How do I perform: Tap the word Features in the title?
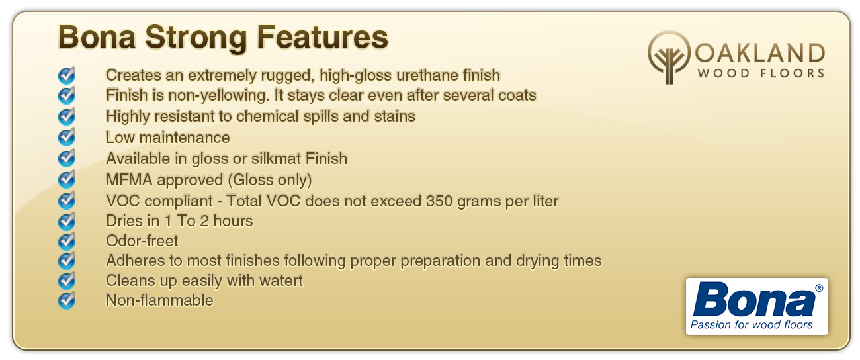pyautogui.click(x=323, y=37)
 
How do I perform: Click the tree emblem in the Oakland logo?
pyautogui.click(x=669, y=58)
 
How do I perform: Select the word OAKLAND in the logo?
pyautogui.click(x=760, y=53)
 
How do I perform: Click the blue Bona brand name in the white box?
pyautogui.click(x=753, y=299)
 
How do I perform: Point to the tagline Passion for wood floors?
pyautogui.click(x=752, y=325)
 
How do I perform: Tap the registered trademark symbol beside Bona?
pyautogui.click(x=819, y=288)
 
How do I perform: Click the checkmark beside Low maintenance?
pyautogui.click(x=67, y=137)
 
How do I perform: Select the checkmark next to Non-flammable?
pyautogui.click(x=67, y=300)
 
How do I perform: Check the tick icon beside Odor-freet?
pyautogui.click(x=67, y=241)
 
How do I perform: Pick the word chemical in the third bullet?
pyautogui.click(x=267, y=116)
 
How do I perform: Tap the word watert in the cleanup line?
pyautogui.click(x=280, y=281)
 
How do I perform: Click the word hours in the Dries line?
pyautogui.click(x=233, y=221)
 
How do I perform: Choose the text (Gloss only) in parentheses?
pyautogui.click(x=269, y=180)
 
